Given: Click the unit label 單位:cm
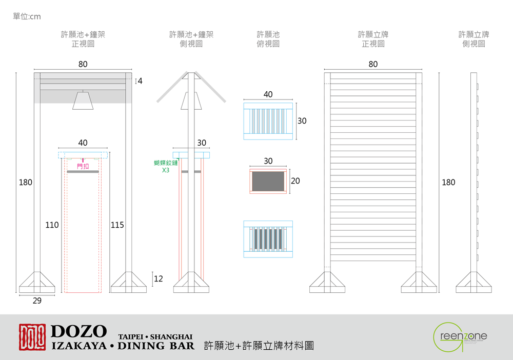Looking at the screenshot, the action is pyautogui.click(x=27, y=17).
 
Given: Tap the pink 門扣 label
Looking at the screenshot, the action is pyautogui.click(x=83, y=166).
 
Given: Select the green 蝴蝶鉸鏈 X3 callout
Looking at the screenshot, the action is pyautogui.click(x=165, y=166).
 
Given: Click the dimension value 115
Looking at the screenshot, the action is pyautogui.click(x=117, y=225).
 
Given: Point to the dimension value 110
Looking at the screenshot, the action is pyautogui.click(x=52, y=225).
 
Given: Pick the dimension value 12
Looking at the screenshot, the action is pyautogui.click(x=158, y=279).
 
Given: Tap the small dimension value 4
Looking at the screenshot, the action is pyautogui.click(x=140, y=81).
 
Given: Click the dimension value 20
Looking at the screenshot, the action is pyautogui.click(x=295, y=181).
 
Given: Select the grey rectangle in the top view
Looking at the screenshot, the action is pyautogui.click(x=268, y=181).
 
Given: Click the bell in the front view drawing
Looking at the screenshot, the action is pyautogui.click(x=83, y=101).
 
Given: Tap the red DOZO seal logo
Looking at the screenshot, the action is pyautogui.click(x=32, y=337).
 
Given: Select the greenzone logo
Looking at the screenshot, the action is pyautogui.click(x=460, y=337).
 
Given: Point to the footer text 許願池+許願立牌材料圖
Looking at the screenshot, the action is pyautogui.click(x=259, y=346).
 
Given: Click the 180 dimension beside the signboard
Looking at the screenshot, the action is pyautogui.click(x=448, y=182).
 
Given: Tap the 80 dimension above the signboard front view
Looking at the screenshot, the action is pyautogui.click(x=373, y=65).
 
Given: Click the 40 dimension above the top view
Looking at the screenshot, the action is pyautogui.click(x=268, y=95).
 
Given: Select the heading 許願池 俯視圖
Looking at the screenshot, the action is pyautogui.click(x=268, y=39).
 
